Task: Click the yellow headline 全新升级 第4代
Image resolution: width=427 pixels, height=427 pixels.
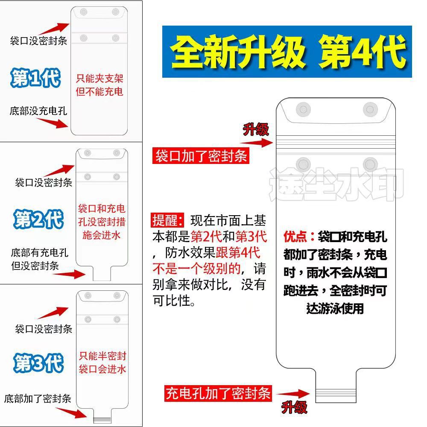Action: coord(287,52)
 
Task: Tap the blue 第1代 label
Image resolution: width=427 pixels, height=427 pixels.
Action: coord(36,78)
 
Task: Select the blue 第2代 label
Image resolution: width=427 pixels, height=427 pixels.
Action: coord(38,219)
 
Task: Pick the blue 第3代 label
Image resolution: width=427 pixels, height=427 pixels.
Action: coord(38,363)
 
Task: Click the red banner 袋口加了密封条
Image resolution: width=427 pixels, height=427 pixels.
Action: coord(201,156)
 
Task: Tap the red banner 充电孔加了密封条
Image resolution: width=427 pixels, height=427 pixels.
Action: coord(218,392)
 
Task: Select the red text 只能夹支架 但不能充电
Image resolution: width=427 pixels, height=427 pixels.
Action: coord(99,85)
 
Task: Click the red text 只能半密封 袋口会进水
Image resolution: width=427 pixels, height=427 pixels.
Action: coord(102,363)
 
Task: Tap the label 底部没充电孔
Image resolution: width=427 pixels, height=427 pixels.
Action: coord(38,111)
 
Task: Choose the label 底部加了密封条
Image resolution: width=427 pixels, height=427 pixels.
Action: coord(38,399)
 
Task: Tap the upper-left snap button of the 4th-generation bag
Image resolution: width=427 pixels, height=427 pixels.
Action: coord(304,110)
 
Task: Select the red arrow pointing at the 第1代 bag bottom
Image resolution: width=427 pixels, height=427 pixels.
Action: coord(53,123)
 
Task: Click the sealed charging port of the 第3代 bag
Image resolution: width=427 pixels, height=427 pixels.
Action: coord(102,419)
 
